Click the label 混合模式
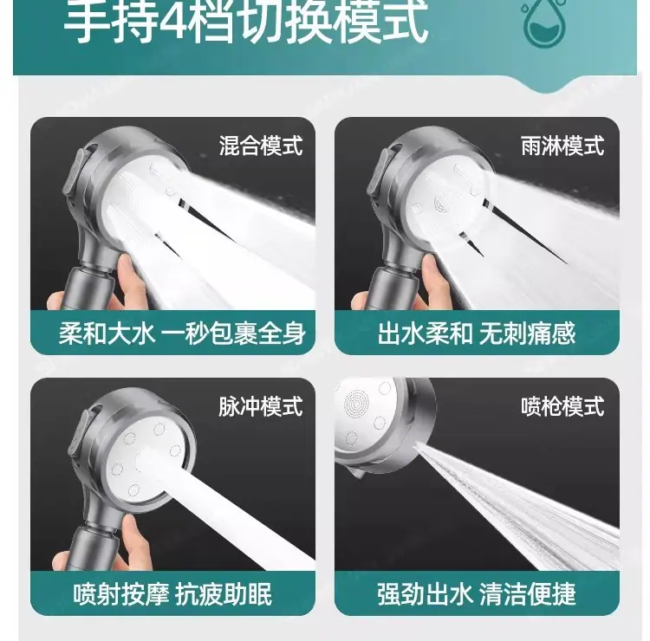261,146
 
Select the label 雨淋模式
562,146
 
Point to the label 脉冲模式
261,406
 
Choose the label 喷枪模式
562,406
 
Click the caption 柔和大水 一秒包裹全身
182,333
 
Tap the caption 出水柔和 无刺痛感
477,333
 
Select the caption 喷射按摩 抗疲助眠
172,593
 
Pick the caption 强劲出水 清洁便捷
477,593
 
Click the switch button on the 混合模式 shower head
75,174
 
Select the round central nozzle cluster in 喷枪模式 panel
356,402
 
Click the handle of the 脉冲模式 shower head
89,547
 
